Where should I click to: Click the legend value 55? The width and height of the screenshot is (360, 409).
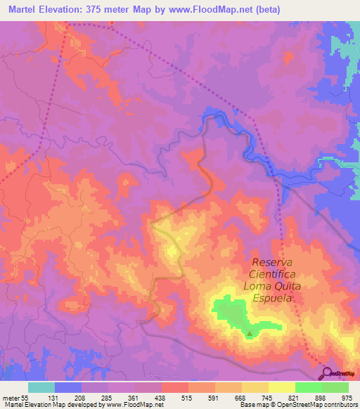point(25,397)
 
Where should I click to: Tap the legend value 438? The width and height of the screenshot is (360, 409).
point(162,397)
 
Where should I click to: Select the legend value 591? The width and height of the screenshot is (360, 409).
point(215,397)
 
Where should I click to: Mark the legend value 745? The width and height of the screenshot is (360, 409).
point(269,397)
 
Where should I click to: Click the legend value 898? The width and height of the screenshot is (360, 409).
point(322,397)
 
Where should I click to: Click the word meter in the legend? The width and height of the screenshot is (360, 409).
point(11,397)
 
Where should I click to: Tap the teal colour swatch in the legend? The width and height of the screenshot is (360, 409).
point(41,387)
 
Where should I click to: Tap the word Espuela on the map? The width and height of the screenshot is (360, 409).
point(281,298)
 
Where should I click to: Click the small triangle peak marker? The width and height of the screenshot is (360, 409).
point(248,334)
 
